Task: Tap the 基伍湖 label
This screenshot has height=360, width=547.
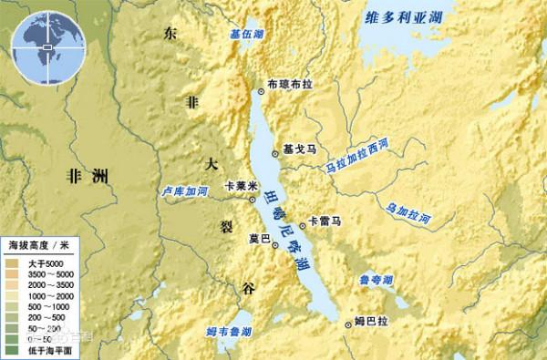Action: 246,34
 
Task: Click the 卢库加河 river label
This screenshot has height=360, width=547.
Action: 184,193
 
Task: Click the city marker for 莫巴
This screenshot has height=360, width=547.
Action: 275,244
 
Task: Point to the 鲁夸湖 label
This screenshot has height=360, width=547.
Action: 376,279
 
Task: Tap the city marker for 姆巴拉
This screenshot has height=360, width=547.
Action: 347,322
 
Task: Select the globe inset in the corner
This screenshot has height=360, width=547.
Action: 41,38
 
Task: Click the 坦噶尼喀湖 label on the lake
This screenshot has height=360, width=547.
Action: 282,228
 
